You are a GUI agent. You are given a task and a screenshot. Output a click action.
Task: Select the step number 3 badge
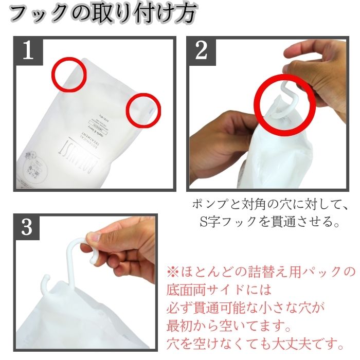(x=28, y=226)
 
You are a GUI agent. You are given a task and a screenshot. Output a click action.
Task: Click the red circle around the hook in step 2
(x=283, y=104)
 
